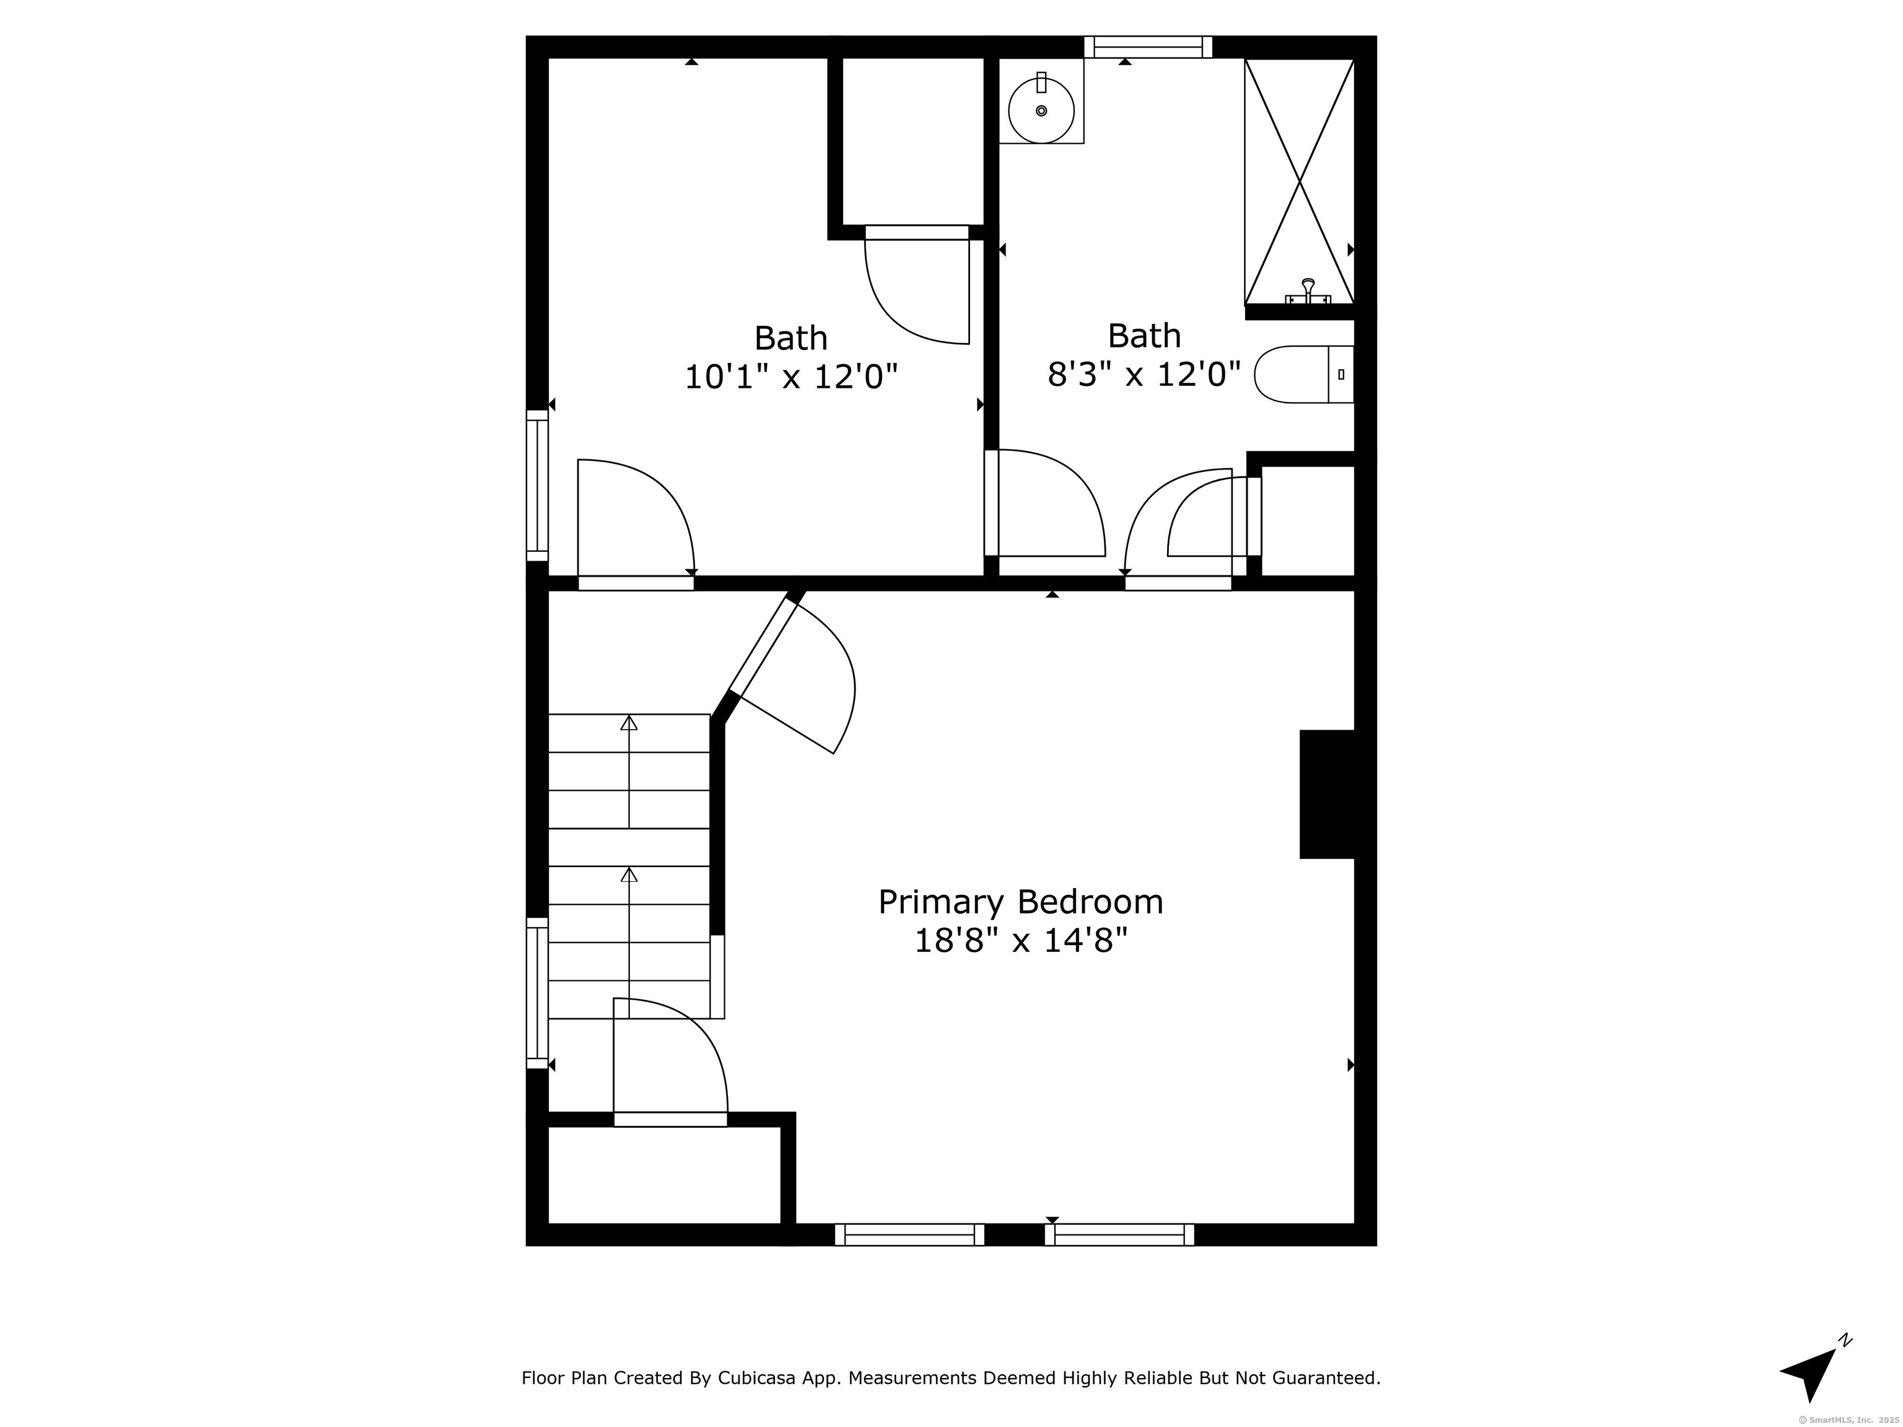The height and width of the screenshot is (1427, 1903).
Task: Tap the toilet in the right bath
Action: point(1304,374)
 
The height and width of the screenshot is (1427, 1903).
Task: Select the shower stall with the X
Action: point(1299,181)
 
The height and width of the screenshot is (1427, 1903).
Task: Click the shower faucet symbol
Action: point(1308,292)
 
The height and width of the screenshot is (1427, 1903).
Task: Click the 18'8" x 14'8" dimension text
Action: point(1020,941)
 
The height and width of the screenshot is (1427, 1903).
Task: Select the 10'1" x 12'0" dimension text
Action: point(790,377)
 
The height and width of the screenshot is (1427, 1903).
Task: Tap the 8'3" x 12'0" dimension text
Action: point(1144,374)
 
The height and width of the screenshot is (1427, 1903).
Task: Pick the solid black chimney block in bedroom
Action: point(1328,794)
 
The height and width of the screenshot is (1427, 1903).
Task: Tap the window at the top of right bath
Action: point(1148,46)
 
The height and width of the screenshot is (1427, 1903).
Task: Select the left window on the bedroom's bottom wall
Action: point(909,1234)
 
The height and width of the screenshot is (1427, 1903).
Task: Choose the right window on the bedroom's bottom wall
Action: point(1119,1234)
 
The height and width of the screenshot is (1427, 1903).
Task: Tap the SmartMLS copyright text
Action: point(1850,1420)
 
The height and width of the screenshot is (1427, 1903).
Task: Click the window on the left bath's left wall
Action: point(537,485)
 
